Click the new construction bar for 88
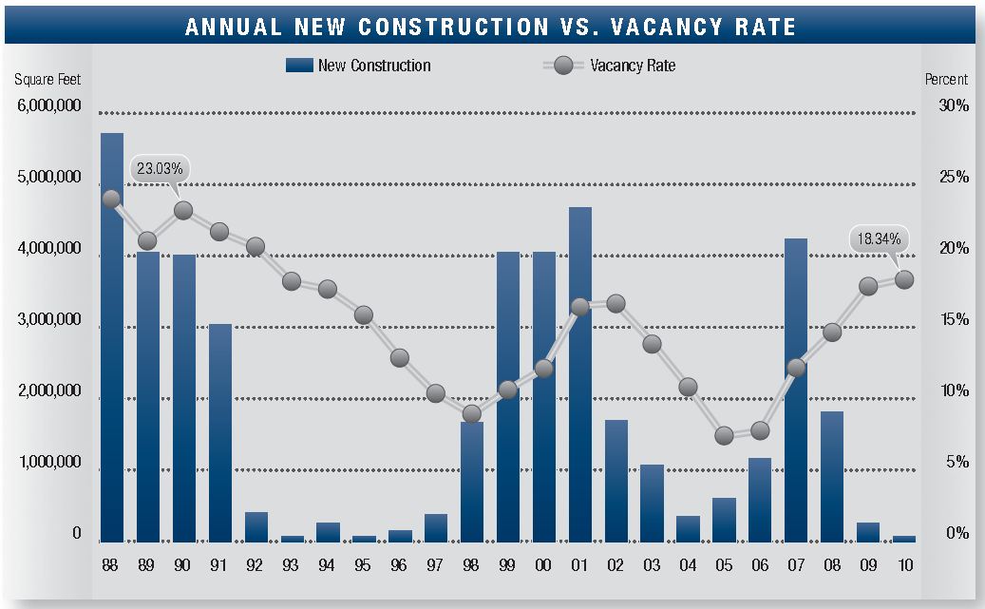pos(112,337)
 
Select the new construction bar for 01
pos(579,374)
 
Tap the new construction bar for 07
pos(796,390)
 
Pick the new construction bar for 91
pos(220,432)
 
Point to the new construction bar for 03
pos(652,503)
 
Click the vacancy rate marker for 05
pos(725,436)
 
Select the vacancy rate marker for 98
pos(472,413)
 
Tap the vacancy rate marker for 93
pos(292,281)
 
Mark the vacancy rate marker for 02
pos(616,304)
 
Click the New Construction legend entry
pos(359,66)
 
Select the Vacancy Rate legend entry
pos(609,66)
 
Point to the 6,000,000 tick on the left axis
pos(49,105)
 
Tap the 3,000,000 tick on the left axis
pos(49,320)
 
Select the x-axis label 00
pos(543,565)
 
